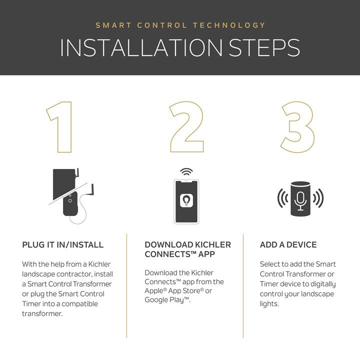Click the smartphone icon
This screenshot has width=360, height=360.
point(186,201)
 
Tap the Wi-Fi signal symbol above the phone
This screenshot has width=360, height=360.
point(186,171)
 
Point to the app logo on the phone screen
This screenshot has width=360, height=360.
point(186,200)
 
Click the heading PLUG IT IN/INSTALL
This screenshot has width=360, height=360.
point(62,244)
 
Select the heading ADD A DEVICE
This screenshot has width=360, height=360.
point(288,244)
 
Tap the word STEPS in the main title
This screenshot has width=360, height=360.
point(264,48)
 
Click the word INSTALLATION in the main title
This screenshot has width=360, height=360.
point(141,48)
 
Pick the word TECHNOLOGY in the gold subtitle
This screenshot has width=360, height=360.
point(229,25)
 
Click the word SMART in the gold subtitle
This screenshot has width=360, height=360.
point(113,25)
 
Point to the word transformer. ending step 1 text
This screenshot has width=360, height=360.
point(42,313)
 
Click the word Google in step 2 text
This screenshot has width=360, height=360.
point(156,300)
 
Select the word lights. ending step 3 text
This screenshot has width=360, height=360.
point(269,304)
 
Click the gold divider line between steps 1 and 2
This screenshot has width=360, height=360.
point(126,286)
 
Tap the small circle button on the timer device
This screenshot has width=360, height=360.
point(70,201)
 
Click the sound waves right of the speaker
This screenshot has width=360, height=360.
point(318,198)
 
